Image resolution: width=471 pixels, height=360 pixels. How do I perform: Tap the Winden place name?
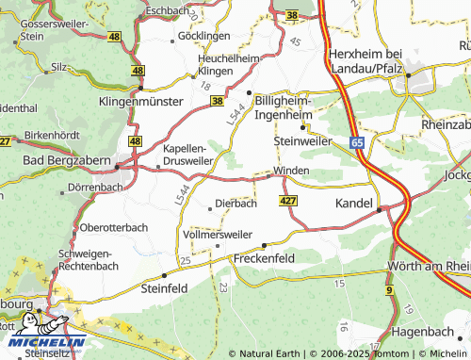tap(291, 172)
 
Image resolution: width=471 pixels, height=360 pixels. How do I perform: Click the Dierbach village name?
tap(236, 203)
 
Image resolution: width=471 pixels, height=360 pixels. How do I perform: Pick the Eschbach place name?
tap(170, 9)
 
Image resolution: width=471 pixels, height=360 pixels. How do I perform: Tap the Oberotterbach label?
tap(115, 227)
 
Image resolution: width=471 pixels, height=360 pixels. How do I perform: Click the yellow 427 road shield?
tap(288, 201)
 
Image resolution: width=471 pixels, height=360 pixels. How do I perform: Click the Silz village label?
tap(60, 67)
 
